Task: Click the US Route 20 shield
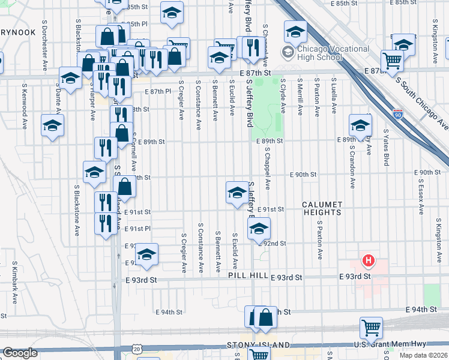[137, 348]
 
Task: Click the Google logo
[20, 353]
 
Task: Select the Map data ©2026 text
[423, 355]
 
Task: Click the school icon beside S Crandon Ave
[360, 125]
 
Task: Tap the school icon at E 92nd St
[259, 229]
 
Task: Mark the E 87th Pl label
[158, 91]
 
